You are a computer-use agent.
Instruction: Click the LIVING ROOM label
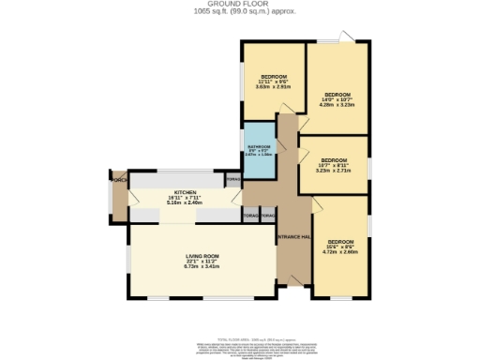(x=175, y=256)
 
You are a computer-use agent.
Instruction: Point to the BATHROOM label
(x=260, y=147)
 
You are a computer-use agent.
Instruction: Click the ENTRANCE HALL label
(x=293, y=236)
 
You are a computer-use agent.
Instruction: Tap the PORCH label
(x=118, y=179)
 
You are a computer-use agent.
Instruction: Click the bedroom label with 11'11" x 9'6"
(x=274, y=76)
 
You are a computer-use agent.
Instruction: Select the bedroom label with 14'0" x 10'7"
(x=337, y=95)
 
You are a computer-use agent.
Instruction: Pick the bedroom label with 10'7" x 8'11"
(x=334, y=160)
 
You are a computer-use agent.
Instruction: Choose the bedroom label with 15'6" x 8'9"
(x=340, y=242)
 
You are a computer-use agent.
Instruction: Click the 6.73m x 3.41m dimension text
(x=175, y=267)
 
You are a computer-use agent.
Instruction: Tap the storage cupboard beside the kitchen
(x=233, y=178)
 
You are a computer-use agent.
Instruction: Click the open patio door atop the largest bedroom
(x=348, y=37)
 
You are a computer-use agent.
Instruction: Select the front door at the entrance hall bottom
(x=294, y=281)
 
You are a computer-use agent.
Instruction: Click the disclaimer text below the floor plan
(x=240, y=348)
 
